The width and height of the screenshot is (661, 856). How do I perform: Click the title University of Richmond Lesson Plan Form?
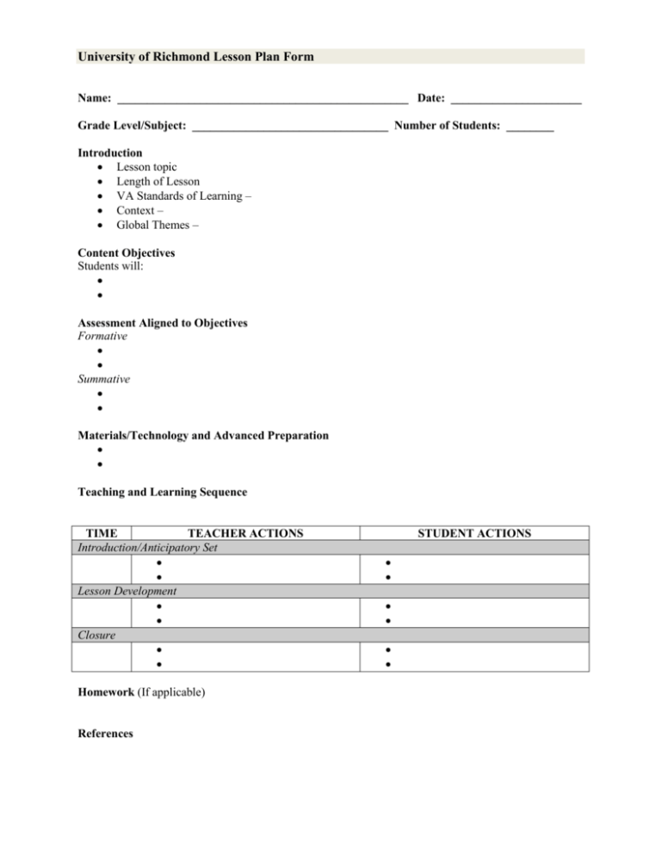tap(195, 58)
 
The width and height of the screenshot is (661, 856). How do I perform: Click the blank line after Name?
tap(263, 103)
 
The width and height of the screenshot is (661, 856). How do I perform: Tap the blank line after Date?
tap(516, 103)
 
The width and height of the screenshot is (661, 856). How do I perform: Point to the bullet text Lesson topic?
tap(147, 166)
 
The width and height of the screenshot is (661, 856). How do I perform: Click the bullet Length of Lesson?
tap(158, 182)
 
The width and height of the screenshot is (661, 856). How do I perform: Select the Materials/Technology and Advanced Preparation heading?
tap(203, 436)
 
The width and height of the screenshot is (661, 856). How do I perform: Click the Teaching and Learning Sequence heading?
tap(163, 493)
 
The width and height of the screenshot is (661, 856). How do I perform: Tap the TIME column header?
tap(109, 534)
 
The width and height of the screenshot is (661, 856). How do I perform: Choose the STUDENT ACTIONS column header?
tap(474, 534)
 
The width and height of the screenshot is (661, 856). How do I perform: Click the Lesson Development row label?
tap(127, 592)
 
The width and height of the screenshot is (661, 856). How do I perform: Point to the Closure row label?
tap(96, 635)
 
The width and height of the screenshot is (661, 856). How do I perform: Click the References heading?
tap(106, 734)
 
